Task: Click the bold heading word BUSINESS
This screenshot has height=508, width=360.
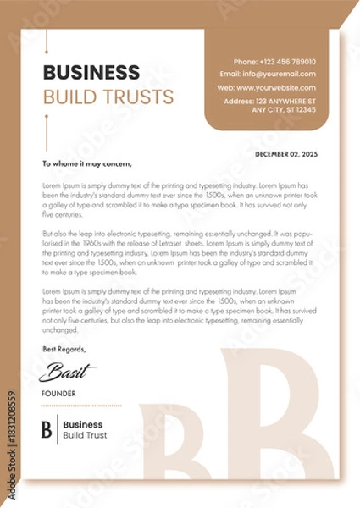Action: point(91,72)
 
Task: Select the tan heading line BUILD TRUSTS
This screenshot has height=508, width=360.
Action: point(108,96)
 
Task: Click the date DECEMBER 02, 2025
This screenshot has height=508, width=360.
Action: point(285,154)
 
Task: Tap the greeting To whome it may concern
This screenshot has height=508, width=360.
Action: point(86,163)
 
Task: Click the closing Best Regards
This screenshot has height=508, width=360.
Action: point(64,349)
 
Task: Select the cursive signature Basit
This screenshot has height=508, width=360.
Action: point(68,371)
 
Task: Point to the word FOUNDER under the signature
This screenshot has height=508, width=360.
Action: point(58,394)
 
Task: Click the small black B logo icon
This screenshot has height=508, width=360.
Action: point(47,429)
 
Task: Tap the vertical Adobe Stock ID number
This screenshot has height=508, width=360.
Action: point(11,444)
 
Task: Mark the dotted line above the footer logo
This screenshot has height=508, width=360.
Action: point(81,406)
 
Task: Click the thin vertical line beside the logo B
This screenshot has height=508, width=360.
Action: point(57,429)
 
